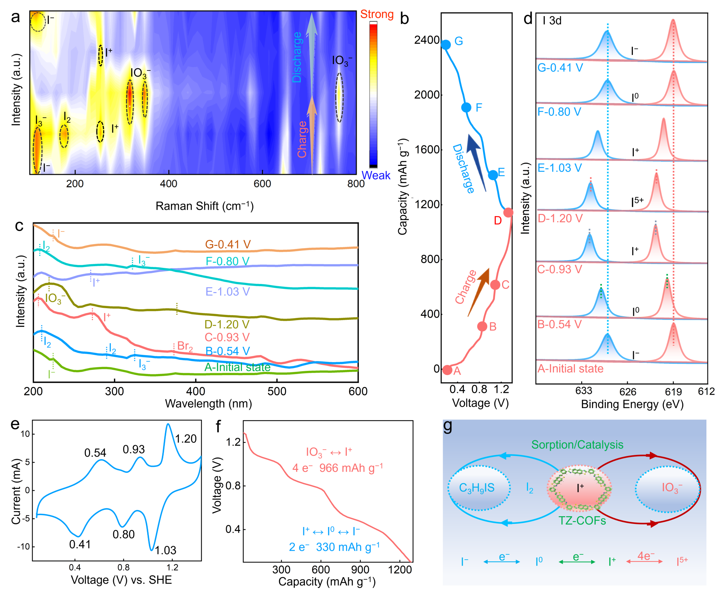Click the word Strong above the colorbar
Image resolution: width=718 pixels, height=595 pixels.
[x=377, y=14]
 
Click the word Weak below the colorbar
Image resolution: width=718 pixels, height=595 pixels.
[x=376, y=175]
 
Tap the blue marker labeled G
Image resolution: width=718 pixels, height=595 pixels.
[x=446, y=45]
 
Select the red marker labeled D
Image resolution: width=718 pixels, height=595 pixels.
[x=508, y=212]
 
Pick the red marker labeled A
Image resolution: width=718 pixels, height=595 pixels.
[x=447, y=370]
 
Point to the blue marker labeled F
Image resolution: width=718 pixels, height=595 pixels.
[x=466, y=108]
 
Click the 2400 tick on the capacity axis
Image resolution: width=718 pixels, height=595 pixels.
[x=427, y=40]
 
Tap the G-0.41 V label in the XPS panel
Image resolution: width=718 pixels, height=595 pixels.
[x=560, y=68]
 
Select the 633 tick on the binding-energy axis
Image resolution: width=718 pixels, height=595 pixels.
[x=584, y=390]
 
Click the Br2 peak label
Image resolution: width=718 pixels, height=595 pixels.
[x=185, y=346]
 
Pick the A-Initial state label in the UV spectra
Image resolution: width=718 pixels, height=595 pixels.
[x=237, y=367]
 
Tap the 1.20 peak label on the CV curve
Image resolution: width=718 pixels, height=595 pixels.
[x=186, y=438]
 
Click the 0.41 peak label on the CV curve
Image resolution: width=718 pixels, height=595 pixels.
[x=80, y=544]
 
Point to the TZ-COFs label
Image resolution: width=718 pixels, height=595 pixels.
[x=582, y=520]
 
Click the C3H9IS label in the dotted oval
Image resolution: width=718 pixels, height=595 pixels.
[x=477, y=488]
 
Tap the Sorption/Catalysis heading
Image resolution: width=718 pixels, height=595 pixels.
[x=577, y=445]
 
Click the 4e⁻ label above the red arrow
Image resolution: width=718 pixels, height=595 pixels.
[x=645, y=556]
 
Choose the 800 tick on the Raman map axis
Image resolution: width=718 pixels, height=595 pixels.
[x=356, y=184]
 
